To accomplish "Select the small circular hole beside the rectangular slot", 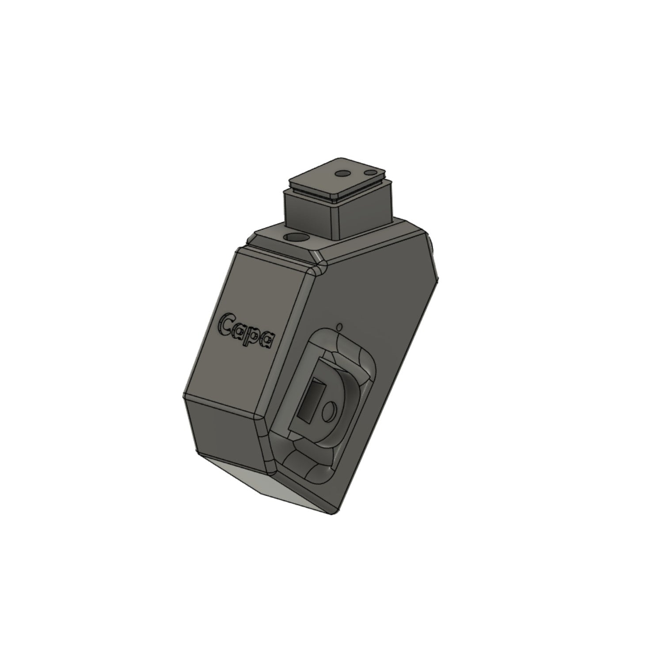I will point(329,413).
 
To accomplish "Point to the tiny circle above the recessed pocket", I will point(339,327).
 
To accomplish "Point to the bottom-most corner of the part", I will point(331,514).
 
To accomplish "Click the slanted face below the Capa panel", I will point(225,429).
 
